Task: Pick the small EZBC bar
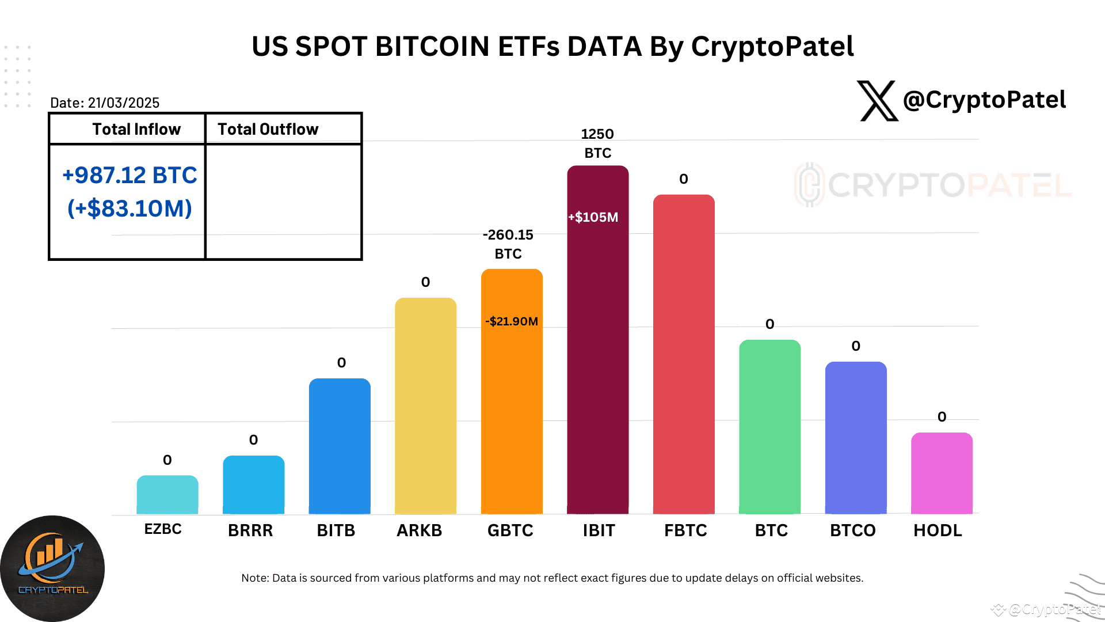click(x=167, y=495)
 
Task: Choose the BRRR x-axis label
click(x=250, y=530)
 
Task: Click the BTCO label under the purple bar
click(x=852, y=530)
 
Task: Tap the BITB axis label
click(x=336, y=530)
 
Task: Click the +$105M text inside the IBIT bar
click(x=593, y=217)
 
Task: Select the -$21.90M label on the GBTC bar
click(x=512, y=321)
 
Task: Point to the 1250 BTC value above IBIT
click(x=597, y=143)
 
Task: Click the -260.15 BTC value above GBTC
click(x=508, y=244)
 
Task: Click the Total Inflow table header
click(x=136, y=129)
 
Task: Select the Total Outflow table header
click(x=268, y=129)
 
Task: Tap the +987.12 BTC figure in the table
click(x=129, y=175)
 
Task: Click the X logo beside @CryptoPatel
click(x=877, y=101)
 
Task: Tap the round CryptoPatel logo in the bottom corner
click(x=52, y=568)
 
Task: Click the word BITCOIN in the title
click(x=432, y=46)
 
